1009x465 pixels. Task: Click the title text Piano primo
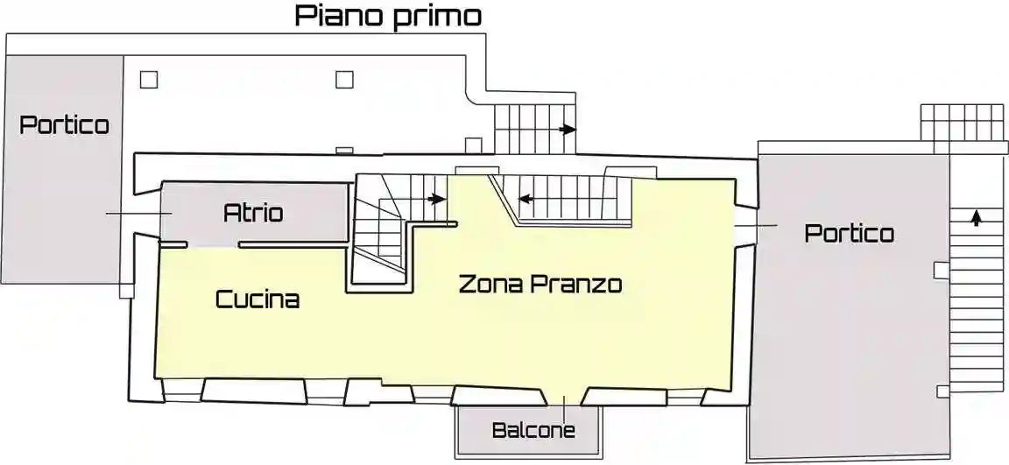pyautogui.click(x=388, y=16)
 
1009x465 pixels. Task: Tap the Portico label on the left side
pyautogui.click(x=65, y=124)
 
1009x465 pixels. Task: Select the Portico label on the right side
pyautogui.click(x=849, y=233)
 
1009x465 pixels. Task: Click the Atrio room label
pyautogui.click(x=253, y=212)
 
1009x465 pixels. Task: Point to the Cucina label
pyautogui.click(x=258, y=299)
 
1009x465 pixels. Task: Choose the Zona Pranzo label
pyautogui.click(x=540, y=285)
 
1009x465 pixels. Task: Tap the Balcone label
pyautogui.click(x=533, y=430)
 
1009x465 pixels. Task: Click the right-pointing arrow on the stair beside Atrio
pyautogui.click(x=437, y=199)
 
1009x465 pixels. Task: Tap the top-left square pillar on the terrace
pyautogui.click(x=149, y=80)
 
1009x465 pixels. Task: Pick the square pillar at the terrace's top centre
pyautogui.click(x=344, y=80)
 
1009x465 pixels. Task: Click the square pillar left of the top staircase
pyautogui.click(x=473, y=144)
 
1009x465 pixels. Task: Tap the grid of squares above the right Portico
pyautogui.click(x=961, y=122)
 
